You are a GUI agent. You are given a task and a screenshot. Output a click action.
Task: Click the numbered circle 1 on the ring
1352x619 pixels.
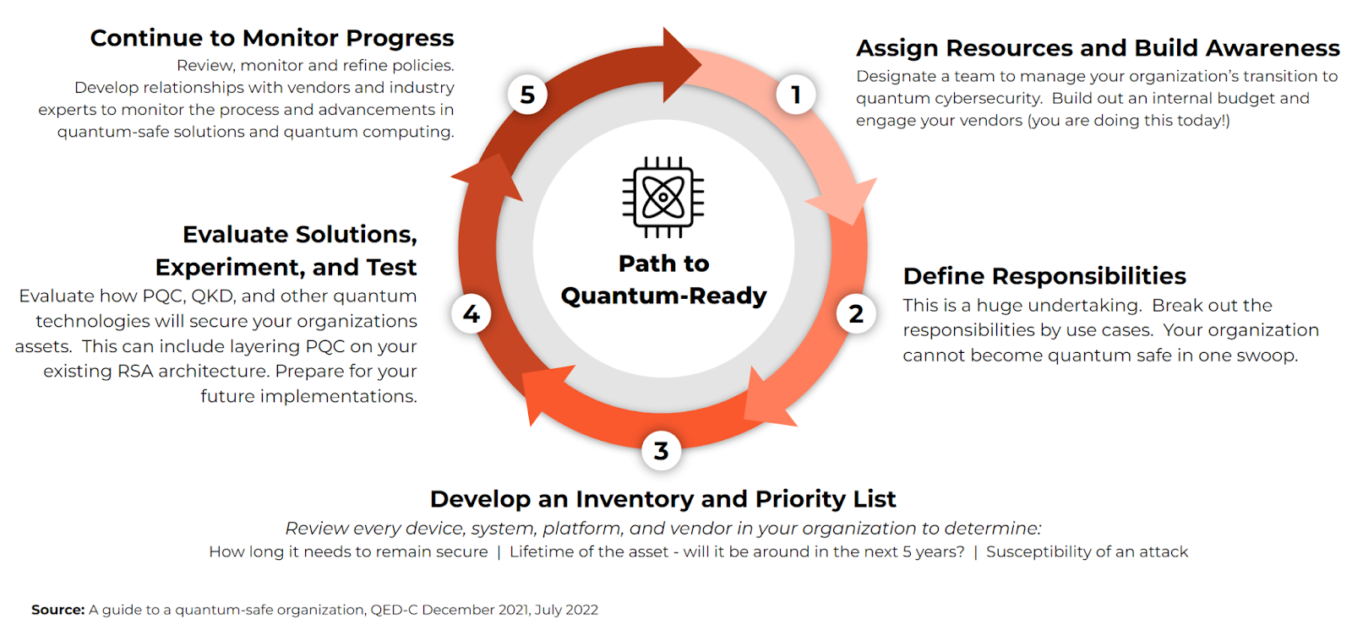pos(795,95)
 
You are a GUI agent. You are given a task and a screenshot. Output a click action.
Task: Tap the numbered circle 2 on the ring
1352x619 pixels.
pos(856,314)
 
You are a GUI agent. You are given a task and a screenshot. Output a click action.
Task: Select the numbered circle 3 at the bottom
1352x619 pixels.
pos(662,451)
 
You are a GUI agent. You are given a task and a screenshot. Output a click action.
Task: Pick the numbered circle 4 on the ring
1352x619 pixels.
pos(472,314)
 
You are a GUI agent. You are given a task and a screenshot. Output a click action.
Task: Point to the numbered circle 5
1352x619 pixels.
pos(527,95)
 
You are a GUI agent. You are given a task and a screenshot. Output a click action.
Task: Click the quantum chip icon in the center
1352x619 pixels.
pos(663,198)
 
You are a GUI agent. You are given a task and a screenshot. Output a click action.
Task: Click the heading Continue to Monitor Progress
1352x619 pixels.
pos(272,38)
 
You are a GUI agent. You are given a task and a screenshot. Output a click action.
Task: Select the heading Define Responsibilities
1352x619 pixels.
pos(1044,276)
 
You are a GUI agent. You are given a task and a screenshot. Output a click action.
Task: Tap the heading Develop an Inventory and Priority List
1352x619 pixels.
pos(662,499)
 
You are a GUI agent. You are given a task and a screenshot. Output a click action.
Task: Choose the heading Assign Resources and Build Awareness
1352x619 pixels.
pos(1098,48)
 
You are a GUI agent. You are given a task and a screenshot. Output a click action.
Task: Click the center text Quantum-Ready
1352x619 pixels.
pos(663,296)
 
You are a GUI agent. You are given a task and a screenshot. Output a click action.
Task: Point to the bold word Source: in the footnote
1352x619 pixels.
pos(58,610)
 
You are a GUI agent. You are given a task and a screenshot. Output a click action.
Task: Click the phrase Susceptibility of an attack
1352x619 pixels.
pos(1087,552)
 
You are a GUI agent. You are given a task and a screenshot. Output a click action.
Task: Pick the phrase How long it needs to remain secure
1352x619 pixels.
pos(348,552)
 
